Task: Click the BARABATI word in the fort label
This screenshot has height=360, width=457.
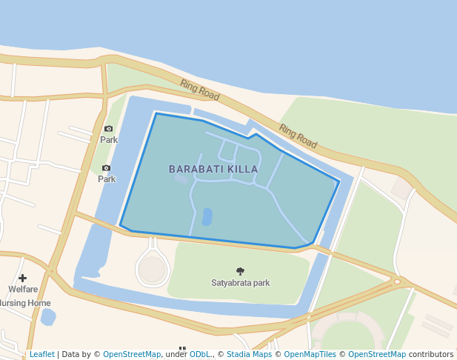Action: (196, 169)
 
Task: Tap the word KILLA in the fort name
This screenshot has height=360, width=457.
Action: (242, 169)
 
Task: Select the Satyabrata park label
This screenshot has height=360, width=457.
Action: (240, 283)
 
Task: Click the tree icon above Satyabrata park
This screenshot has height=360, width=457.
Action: (240, 271)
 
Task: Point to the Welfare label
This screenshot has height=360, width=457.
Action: (23, 290)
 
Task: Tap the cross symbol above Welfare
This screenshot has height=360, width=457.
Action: (22, 279)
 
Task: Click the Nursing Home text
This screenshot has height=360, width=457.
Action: (26, 303)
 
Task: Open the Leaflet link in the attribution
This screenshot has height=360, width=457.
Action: (41, 354)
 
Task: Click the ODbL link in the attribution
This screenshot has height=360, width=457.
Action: (200, 354)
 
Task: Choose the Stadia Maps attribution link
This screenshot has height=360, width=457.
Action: (249, 354)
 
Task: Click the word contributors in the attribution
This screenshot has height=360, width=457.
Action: (431, 354)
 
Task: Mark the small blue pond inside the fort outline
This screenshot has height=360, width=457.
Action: (207, 216)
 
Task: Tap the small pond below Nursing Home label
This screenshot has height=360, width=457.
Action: (48, 317)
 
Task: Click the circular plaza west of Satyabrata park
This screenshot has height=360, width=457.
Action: (153, 270)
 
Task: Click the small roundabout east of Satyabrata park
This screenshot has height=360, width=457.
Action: (398, 281)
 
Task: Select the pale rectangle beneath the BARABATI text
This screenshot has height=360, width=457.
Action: (181, 179)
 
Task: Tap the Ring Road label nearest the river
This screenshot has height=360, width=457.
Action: (200, 90)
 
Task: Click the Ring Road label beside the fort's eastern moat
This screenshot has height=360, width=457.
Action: (298, 136)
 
